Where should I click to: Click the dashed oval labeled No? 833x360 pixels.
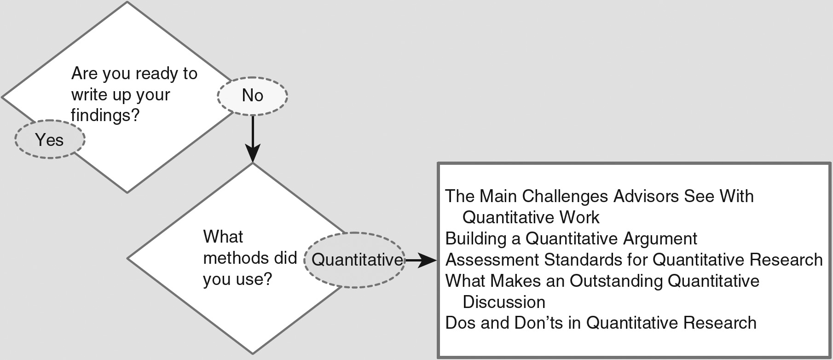point(252,95)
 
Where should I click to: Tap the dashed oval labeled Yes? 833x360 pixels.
point(50,139)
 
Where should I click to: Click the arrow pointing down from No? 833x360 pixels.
point(253,138)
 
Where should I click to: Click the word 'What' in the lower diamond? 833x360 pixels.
point(223,237)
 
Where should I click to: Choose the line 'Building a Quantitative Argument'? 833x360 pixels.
point(571,238)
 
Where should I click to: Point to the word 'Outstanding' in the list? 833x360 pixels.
point(616,281)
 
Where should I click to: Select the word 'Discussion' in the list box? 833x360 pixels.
point(503,302)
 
